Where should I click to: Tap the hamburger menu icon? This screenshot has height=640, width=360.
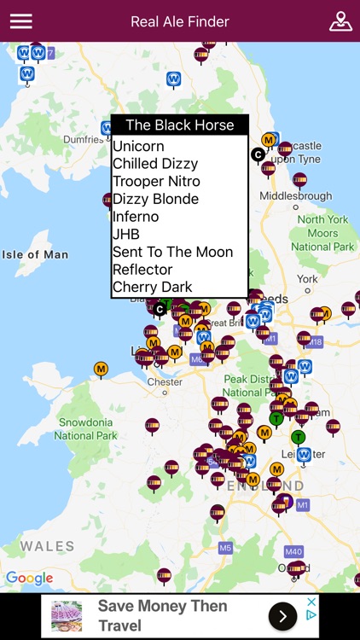[20, 21]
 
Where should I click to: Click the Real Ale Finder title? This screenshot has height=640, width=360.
[180, 21]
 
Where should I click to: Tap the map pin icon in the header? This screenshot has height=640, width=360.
[340, 21]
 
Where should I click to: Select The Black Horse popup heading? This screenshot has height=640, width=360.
[180, 125]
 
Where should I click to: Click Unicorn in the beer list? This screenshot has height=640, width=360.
[138, 146]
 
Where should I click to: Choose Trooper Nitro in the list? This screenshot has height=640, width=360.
[156, 181]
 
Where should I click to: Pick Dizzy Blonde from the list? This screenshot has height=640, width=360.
[155, 199]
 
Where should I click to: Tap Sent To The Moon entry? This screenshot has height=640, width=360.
[172, 252]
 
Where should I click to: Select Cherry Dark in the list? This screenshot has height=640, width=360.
[153, 287]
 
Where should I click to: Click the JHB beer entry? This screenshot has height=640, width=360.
[126, 234]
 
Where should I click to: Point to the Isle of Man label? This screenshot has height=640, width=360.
[35, 254]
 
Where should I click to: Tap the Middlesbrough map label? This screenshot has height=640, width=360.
[295, 195]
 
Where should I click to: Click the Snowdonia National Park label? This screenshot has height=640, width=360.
[86, 428]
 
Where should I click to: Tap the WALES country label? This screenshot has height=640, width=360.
[48, 546]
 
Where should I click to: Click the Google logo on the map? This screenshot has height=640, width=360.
[29, 579]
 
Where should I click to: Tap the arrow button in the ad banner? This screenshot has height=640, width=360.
[282, 616]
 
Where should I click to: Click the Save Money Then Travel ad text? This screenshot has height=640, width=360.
[162, 616]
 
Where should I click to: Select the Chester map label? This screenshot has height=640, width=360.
[165, 381]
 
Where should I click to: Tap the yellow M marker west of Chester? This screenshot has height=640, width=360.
[101, 369]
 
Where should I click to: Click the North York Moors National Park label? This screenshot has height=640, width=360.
[322, 233]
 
